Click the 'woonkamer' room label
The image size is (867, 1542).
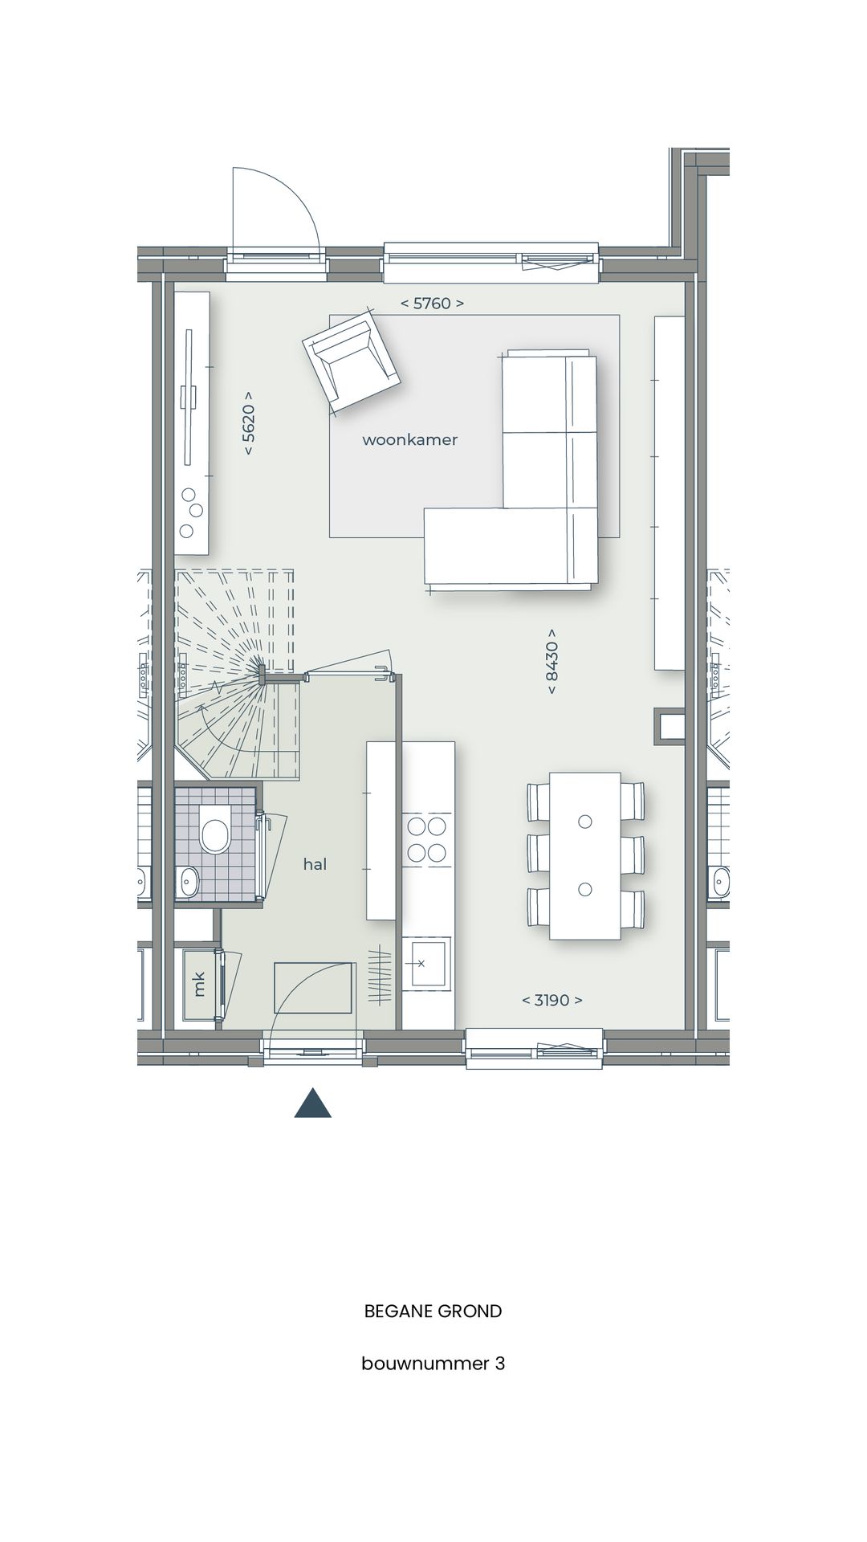tap(409, 440)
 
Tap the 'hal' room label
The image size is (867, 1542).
tap(315, 864)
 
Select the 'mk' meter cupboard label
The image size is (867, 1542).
tap(199, 984)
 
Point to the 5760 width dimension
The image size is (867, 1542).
tap(432, 304)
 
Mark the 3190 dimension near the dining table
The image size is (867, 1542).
tap(552, 1000)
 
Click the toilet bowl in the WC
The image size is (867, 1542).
tap(214, 835)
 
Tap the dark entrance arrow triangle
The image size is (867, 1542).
tap(313, 1103)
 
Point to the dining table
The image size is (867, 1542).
tap(584, 855)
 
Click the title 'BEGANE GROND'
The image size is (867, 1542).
tap(433, 1312)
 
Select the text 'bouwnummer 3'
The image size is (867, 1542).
tap(433, 1363)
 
